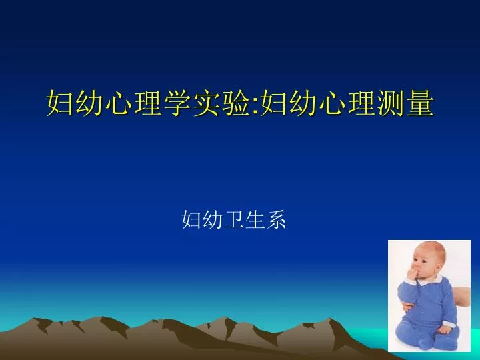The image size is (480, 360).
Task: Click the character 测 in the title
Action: (391, 103)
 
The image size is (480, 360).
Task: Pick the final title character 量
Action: (420, 103)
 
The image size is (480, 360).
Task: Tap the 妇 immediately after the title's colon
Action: (274, 103)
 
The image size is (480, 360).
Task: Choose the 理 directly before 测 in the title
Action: (361, 103)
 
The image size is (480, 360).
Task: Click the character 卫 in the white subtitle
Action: (234, 219)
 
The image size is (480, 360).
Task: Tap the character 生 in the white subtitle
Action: (255, 219)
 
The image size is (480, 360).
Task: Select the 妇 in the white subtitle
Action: (191, 219)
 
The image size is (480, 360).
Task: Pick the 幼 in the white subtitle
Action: (213, 219)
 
